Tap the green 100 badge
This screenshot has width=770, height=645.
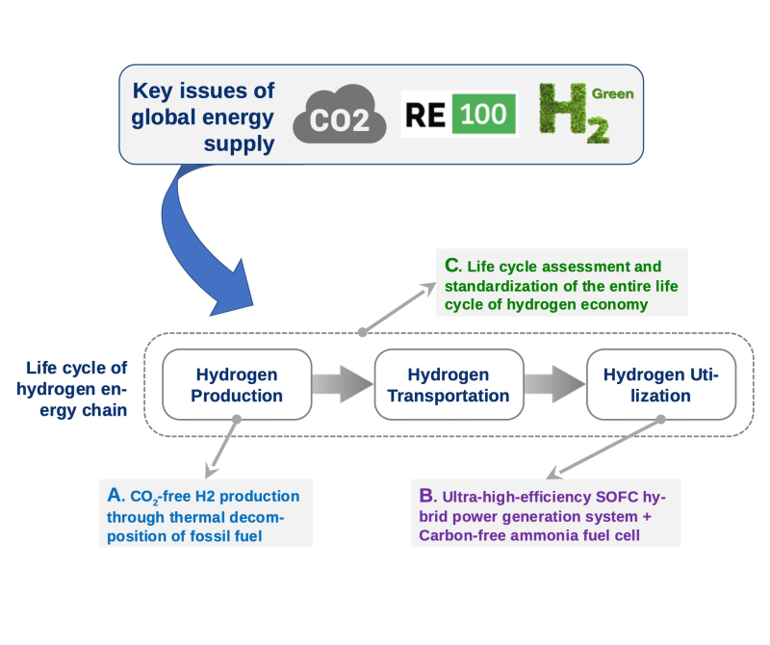click(x=484, y=114)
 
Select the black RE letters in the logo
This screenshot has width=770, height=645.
click(x=425, y=115)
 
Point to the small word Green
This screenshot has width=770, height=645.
click(x=612, y=93)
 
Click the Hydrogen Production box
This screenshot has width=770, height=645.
click(x=237, y=385)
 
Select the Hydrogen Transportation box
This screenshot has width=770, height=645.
click(x=449, y=385)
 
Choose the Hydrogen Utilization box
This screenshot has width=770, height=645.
click(x=661, y=385)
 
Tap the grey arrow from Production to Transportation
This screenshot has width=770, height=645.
click(x=343, y=384)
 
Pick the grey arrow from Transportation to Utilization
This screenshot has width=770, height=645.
click(x=555, y=384)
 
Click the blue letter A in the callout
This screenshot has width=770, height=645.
click(x=115, y=495)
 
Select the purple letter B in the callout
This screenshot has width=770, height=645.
click(x=427, y=496)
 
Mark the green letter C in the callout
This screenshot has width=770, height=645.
click(x=452, y=266)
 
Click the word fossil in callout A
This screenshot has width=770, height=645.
click(x=213, y=536)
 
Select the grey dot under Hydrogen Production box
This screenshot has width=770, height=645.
click(x=237, y=420)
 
